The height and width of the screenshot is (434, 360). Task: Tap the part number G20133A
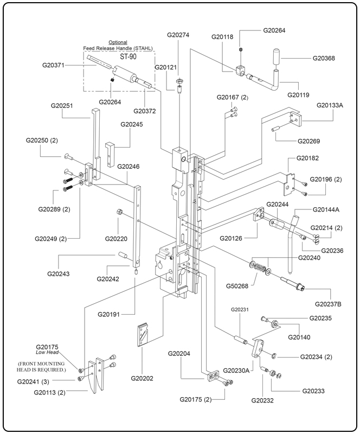330,105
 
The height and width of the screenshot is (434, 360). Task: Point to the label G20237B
331,304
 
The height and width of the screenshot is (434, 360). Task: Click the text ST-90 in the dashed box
128,56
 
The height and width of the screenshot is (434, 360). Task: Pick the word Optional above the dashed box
118,42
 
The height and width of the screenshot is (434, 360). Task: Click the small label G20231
239,309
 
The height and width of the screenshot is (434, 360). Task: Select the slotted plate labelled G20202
144,338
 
